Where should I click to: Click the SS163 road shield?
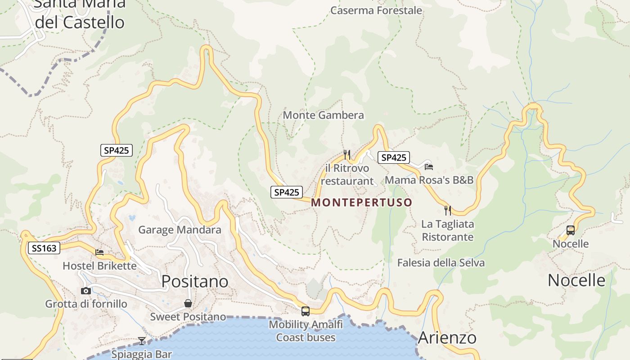[x=44, y=248]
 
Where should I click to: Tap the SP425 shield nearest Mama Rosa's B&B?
[x=394, y=157]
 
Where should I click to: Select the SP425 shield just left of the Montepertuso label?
[x=287, y=192]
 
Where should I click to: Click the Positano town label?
[x=195, y=281]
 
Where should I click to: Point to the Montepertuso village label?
[x=361, y=202]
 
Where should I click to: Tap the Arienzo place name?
[x=447, y=337]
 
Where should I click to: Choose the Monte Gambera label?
[x=323, y=115]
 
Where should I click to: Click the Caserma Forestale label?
[x=376, y=10]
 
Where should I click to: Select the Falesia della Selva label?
[x=441, y=263]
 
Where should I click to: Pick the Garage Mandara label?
[x=180, y=230]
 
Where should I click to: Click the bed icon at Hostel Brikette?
[x=99, y=252]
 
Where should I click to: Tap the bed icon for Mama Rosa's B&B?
[x=429, y=167]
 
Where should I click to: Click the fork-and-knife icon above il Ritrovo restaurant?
[x=346, y=155]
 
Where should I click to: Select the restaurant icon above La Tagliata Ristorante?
[x=448, y=210]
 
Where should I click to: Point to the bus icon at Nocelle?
[x=571, y=230]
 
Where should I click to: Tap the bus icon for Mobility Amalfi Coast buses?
[x=306, y=311]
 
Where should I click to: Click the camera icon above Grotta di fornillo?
[x=86, y=291]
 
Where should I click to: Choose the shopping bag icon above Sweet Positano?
[x=188, y=303]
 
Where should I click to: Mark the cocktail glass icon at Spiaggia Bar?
[x=142, y=341]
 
